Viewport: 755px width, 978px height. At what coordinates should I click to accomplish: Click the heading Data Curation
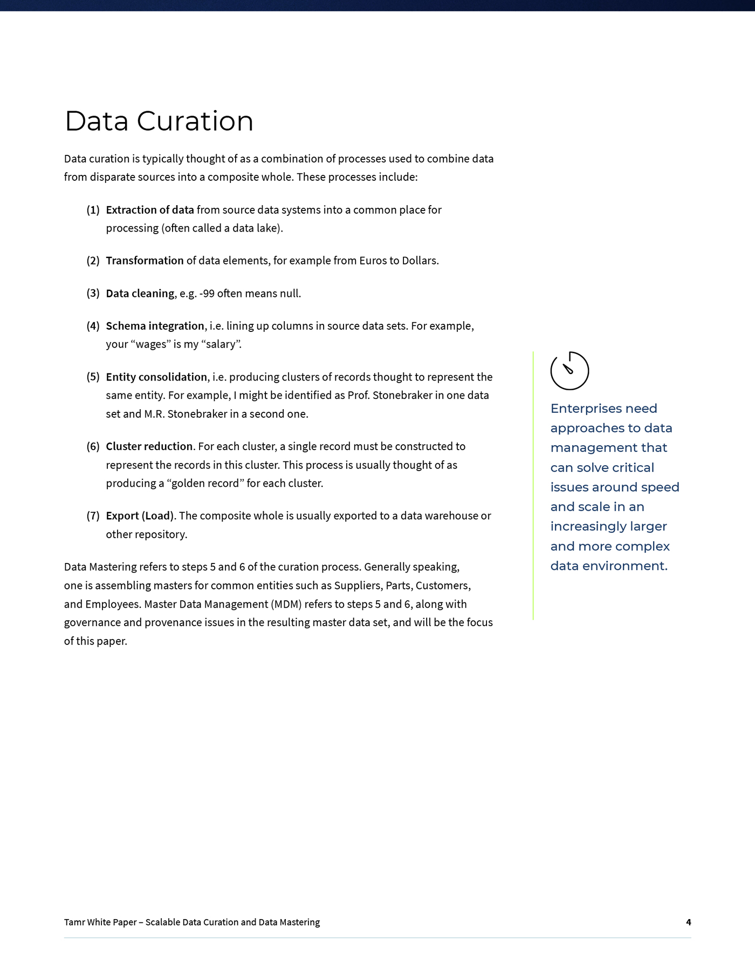[159, 121]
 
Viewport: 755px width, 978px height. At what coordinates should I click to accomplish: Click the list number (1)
[93, 210]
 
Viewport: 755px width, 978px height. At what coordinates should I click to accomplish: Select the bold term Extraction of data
[149, 210]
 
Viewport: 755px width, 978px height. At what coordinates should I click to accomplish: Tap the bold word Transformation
[145, 261]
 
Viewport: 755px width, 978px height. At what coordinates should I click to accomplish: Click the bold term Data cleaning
[140, 294]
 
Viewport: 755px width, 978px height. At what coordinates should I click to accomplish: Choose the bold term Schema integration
[155, 326]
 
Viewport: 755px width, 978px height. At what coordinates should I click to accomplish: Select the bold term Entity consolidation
[156, 377]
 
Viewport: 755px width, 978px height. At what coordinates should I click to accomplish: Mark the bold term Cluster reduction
[149, 446]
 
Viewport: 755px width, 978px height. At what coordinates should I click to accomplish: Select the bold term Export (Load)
[140, 516]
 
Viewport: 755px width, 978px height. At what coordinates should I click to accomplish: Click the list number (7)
[93, 516]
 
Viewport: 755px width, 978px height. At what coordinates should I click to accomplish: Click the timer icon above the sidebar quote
[569, 371]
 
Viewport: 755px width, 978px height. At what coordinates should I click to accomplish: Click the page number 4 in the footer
[688, 922]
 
